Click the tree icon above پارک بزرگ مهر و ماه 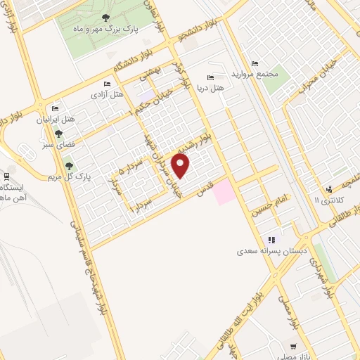(105, 18)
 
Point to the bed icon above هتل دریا (209, 77)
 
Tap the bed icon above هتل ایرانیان (55, 108)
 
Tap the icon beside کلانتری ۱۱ (328, 188)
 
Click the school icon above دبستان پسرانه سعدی (271, 239)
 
